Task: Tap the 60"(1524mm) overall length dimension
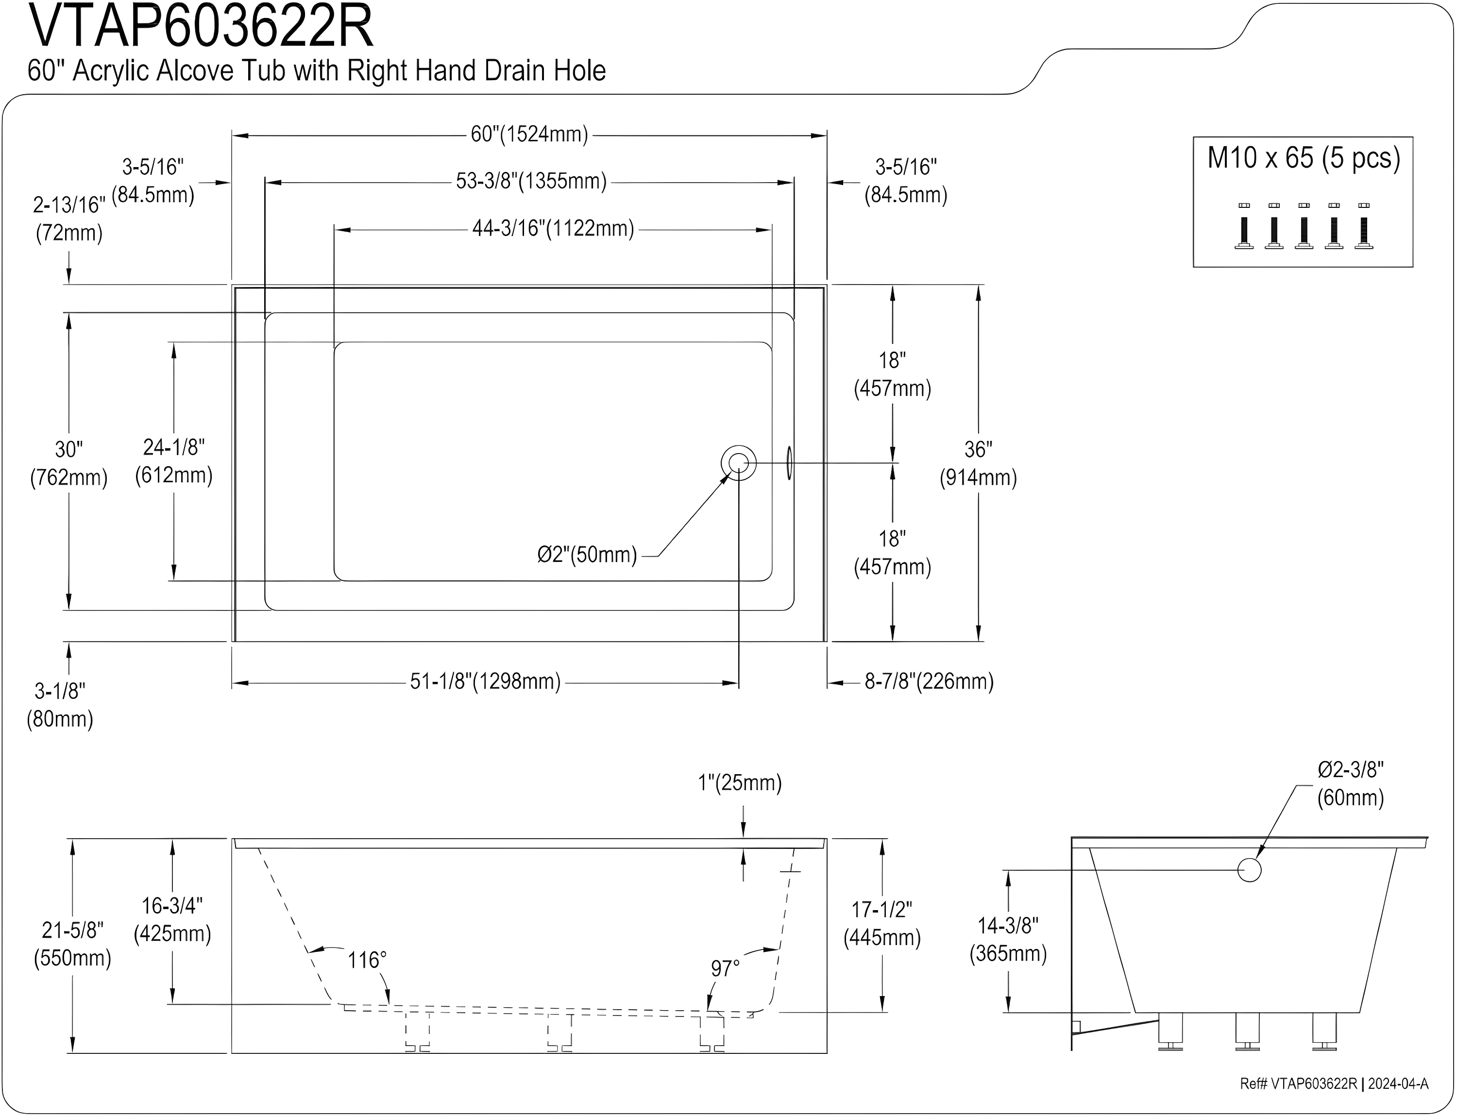[x=529, y=135]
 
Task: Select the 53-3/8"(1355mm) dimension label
[x=531, y=182]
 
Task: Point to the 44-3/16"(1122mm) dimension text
[x=553, y=229]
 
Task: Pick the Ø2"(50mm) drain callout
[x=587, y=555]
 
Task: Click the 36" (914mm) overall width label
[x=978, y=463]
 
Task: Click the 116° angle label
[x=366, y=960]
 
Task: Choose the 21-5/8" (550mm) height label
[x=72, y=944]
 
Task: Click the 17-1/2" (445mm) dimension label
[x=882, y=924]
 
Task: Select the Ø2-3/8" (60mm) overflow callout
[x=1350, y=784]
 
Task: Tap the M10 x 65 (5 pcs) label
[x=1304, y=158]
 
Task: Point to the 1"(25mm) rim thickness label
[x=740, y=783]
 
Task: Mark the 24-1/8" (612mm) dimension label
[x=173, y=461]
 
